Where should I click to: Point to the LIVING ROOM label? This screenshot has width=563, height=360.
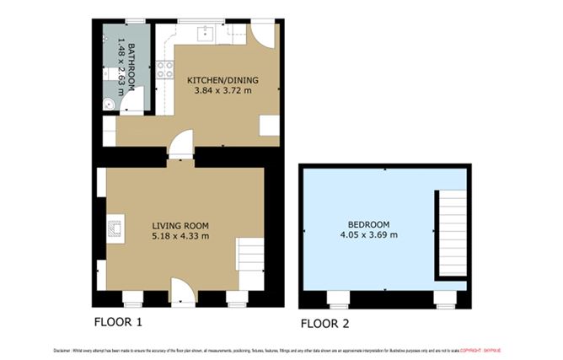pyautogui.click(x=180, y=225)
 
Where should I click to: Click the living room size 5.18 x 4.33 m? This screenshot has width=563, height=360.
pyautogui.click(x=180, y=236)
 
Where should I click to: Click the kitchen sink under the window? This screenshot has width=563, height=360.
pyautogui.click(x=205, y=35)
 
